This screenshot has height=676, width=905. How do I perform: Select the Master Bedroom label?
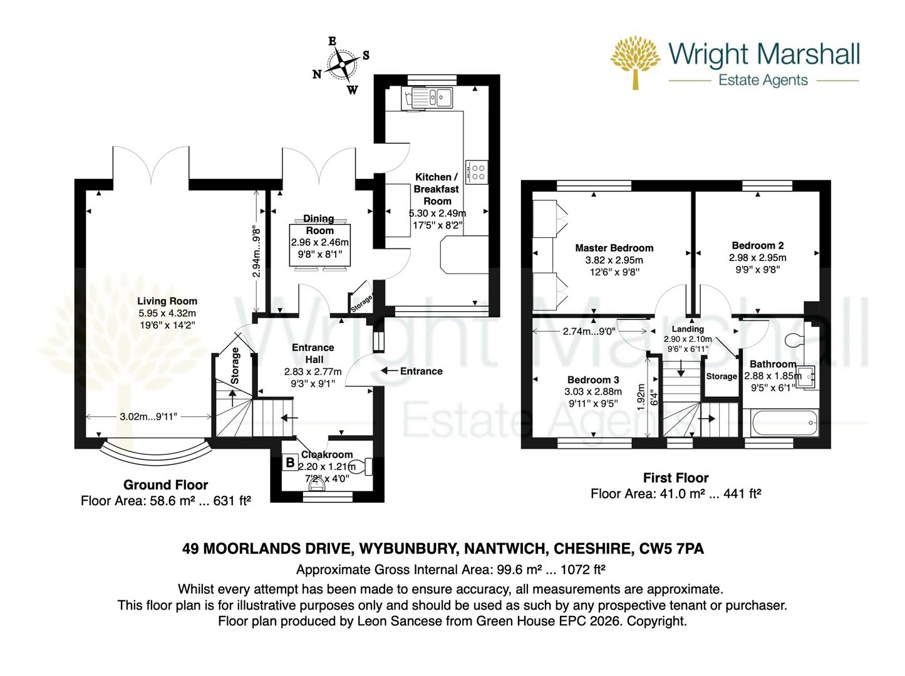click(x=614, y=248)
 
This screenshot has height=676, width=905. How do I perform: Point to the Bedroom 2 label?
click(x=757, y=245)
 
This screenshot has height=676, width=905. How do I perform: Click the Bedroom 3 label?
click(x=593, y=379)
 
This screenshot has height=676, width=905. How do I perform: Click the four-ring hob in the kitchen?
click(x=479, y=172)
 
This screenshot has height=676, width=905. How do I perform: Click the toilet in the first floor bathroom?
click(x=796, y=339)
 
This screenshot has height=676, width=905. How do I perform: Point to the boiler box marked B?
click(x=290, y=463)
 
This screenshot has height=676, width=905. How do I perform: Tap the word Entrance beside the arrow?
click(x=421, y=371)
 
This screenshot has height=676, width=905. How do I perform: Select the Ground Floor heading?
click(x=165, y=484)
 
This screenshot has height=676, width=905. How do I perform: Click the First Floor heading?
click(x=676, y=478)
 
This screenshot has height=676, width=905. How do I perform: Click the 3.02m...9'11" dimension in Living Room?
click(x=148, y=417)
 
